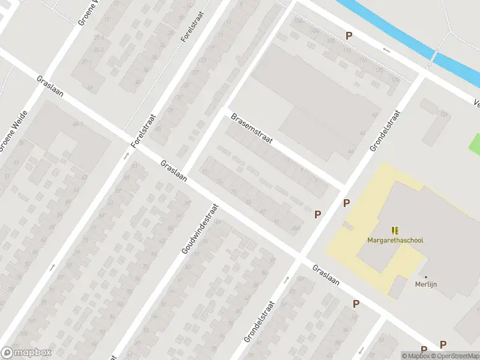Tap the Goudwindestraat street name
pyautogui.click(x=202, y=227)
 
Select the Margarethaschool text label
pyautogui.click(x=395, y=240)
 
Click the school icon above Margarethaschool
pyautogui.click(x=395, y=230)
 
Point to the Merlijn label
pyautogui.click(x=426, y=285)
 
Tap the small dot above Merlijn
pyautogui.click(x=426, y=277)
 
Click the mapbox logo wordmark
pyautogui.click(x=26, y=353)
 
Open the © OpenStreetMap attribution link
pyautogui.click(x=455, y=356)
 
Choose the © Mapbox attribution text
pyautogui.click(x=415, y=356)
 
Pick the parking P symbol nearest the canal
pyautogui.click(x=349, y=36)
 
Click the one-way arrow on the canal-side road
pyautogui.click(x=386, y=51)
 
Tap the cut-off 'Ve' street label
pyautogui.click(x=476, y=103)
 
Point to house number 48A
pyautogui.click(x=295, y=228)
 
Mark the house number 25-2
pyautogui.click(x=100, y=49)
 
